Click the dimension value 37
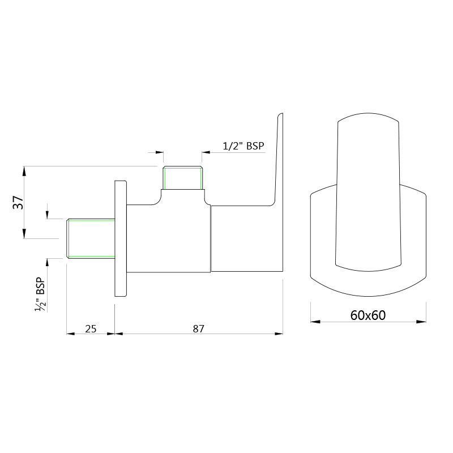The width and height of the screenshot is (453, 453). pos(18,202)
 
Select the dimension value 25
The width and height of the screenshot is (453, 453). pos(91,328)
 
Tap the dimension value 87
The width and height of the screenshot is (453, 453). pos(198,328)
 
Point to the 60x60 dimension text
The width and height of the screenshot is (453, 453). pos(367,315)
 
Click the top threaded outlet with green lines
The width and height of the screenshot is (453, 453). pos(182,178)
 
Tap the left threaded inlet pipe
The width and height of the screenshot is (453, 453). pos(91,238)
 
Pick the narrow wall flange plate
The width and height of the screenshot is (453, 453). pos(121,238)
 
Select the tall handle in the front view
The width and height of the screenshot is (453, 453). pos(367,193)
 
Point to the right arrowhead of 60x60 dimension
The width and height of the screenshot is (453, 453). pos(422,322)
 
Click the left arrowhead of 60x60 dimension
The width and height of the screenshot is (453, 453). pos(314,322)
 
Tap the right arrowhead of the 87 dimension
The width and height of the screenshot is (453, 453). pos(279,334)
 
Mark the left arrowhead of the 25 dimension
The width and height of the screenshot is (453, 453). pos(71,334)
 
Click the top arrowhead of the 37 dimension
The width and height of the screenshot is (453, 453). pos(24,170)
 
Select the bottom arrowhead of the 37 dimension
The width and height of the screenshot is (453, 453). pos(24,234)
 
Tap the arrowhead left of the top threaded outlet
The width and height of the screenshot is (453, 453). pos(159,152)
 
